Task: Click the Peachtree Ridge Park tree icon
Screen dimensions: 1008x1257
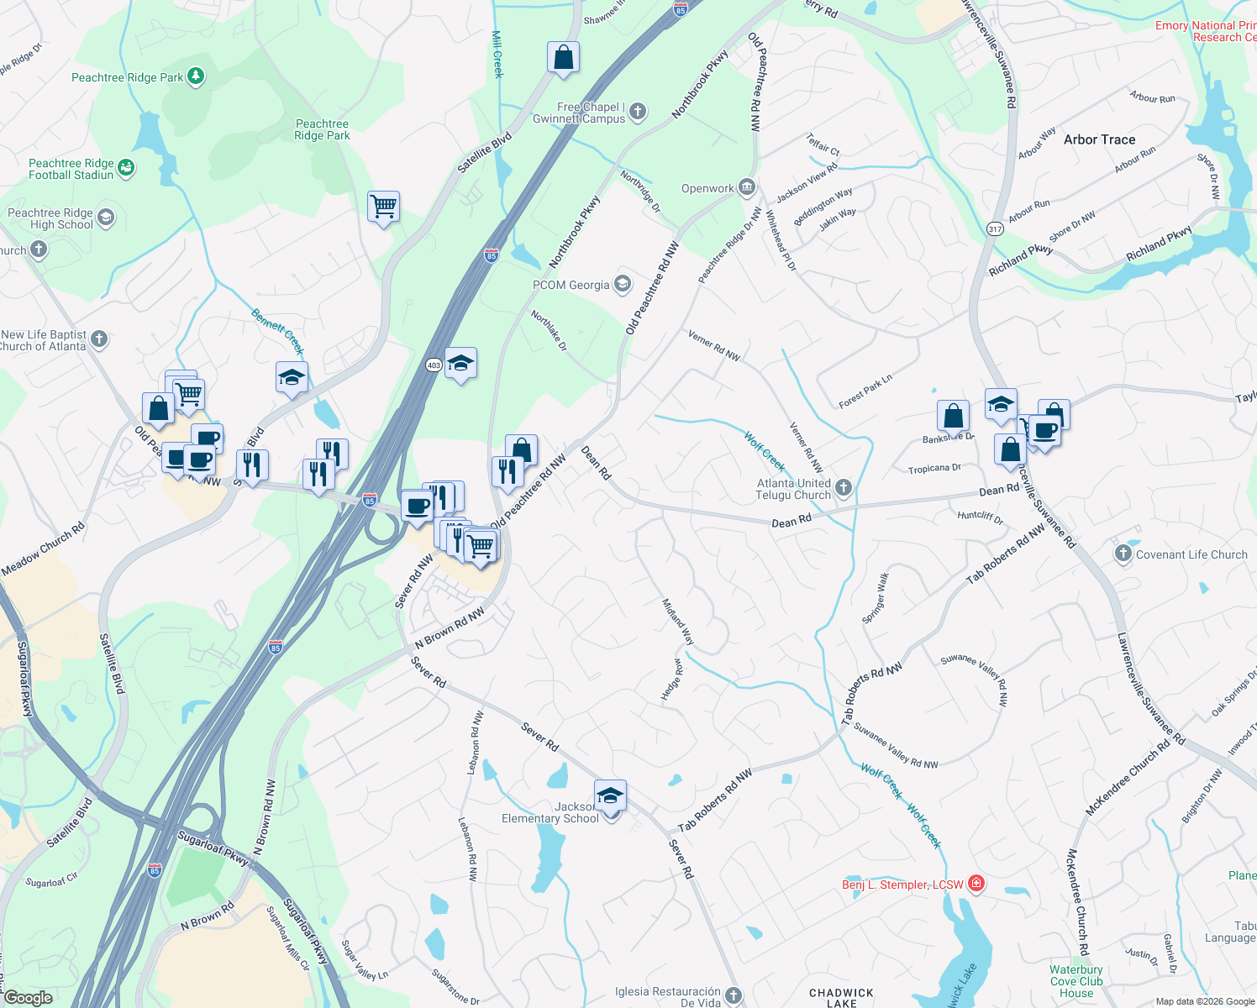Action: (196, 77)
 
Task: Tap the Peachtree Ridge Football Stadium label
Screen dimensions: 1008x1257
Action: (71, 169)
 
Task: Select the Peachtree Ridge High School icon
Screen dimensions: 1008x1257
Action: (106, 218)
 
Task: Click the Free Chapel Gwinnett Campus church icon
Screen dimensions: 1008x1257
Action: (638, 112)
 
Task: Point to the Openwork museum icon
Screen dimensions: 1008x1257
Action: (747, 188)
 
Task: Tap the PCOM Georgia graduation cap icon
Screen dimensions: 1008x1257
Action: (623, 285)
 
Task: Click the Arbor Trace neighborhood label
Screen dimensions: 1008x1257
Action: (1099, 139)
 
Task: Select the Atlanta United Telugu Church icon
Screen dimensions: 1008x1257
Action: (844, 488)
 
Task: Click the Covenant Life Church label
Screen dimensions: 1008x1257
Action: (1191, 554)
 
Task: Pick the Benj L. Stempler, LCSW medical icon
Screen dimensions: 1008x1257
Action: (976, 884)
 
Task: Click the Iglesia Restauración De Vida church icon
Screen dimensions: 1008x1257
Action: (734, 996)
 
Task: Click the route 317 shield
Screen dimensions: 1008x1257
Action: (996, 229)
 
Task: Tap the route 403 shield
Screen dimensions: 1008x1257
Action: (434, 365)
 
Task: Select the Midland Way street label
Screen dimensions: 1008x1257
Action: (678, 622)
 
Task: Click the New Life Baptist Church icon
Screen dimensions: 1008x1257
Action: (99, 339)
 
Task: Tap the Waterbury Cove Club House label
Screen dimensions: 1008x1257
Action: (1076, 981)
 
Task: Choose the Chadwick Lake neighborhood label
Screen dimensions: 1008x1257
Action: (841, 998)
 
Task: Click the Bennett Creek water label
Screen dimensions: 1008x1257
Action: (278, 331)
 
